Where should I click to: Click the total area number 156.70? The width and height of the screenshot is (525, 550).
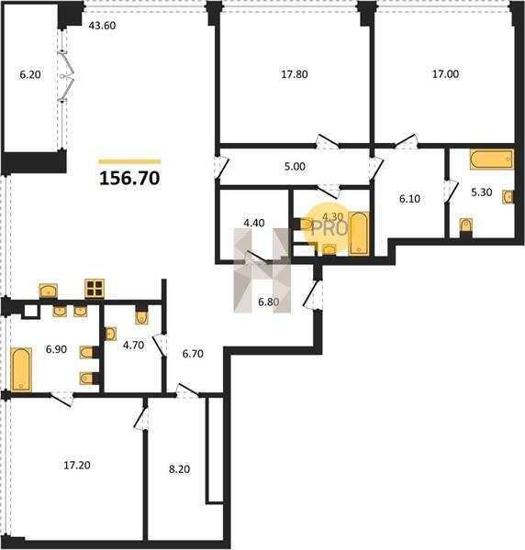(129, 178)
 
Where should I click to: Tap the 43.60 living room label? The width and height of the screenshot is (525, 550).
(102, 26)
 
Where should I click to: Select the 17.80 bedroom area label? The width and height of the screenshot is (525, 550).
(295, 74)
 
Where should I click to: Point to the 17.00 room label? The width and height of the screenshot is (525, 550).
(445, 74)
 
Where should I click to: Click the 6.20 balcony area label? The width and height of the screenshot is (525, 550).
(30, 74)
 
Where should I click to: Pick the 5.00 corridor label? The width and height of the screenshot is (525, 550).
(295, 166)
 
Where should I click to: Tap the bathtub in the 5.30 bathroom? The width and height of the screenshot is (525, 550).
(492, 159)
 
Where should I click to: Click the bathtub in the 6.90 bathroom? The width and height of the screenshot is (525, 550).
(21, 369)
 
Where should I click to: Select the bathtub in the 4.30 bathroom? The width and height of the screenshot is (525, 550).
(359, 234)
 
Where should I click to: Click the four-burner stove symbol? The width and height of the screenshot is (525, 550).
(95, 289)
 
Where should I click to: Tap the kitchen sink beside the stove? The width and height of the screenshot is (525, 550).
(49, 291)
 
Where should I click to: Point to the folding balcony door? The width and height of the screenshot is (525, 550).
(66, 76)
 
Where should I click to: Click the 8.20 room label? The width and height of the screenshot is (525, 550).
(180, 469)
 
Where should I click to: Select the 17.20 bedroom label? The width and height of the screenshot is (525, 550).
(77, 465)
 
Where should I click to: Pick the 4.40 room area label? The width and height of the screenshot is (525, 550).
(254, 223)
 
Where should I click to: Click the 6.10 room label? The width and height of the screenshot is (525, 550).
(410, 199)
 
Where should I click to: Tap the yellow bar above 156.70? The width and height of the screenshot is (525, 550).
(129, 161)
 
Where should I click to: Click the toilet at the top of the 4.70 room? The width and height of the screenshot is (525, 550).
(141, 315)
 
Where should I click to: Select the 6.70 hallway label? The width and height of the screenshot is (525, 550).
(193, 354)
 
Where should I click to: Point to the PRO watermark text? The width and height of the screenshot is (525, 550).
(330, 228)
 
